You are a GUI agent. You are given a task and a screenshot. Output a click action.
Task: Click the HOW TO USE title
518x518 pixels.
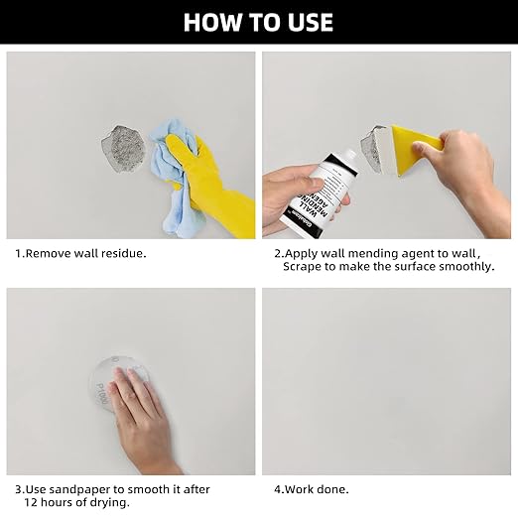(259, 22)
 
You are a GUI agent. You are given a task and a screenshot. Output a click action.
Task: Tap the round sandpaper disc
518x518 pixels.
(116, 381)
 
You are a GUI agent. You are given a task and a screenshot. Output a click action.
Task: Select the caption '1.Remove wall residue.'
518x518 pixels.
(80, 253)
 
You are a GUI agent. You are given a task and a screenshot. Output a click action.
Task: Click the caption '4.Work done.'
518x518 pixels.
(311, 489)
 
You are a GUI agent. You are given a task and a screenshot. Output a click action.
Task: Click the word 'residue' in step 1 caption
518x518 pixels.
(123, 253)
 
